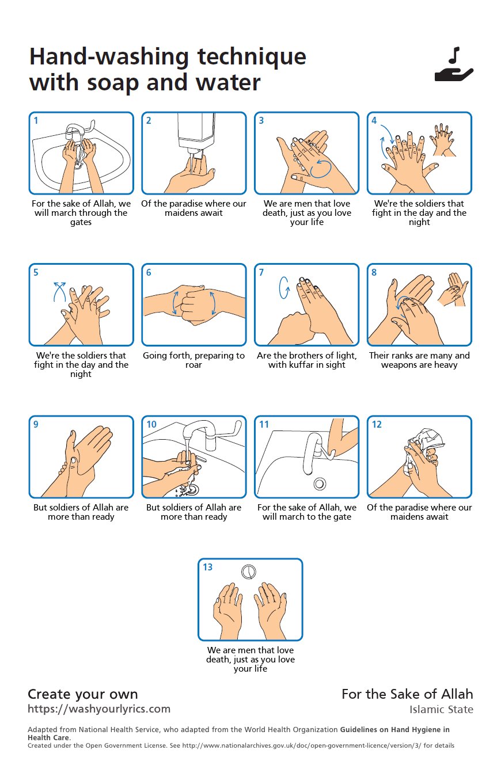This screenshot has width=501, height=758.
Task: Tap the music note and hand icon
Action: coord(454,64)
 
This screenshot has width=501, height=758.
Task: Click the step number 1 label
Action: coord(36,120)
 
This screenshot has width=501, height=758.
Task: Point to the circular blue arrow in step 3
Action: coord(321,169)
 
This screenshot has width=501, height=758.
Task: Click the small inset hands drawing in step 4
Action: coord(442,140)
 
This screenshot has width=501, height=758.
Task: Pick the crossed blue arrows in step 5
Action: coord(59,292)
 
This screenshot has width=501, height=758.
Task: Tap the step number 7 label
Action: coord(261,272)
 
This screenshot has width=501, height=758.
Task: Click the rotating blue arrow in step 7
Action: coord(284,288)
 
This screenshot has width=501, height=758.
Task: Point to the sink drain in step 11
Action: coord(320,484)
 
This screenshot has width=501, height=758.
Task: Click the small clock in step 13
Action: coord(248,572)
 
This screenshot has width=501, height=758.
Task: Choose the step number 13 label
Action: coord(207,567)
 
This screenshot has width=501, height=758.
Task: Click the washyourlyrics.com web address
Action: coord(99,709)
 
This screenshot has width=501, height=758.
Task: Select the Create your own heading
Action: coord(83,694)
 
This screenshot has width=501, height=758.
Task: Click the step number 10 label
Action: coord(151,424)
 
